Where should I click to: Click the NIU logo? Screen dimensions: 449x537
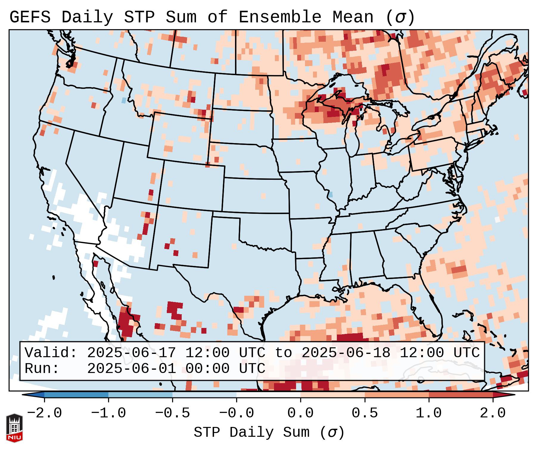click(14, 428)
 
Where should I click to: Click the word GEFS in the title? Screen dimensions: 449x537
click(30, 17)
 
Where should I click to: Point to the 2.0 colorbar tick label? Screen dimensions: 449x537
click(493, 413)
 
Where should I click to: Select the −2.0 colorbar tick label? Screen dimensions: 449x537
click(44, 413)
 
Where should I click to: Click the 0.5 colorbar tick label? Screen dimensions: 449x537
click(365, 413)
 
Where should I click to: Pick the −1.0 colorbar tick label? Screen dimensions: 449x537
click(108, 413)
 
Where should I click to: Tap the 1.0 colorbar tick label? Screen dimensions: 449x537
click(429, 413)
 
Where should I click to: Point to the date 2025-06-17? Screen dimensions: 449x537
click(131, 353)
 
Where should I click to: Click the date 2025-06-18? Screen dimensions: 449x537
click(346, 353)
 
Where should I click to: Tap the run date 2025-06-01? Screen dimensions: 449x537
click(131, 369)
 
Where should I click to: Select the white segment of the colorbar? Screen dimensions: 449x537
click(268, 395)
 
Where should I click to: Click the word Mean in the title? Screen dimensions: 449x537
click(353, 17)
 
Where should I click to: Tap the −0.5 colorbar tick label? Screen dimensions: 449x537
click(172, 413)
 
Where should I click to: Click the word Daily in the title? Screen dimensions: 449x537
click(87, 17)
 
